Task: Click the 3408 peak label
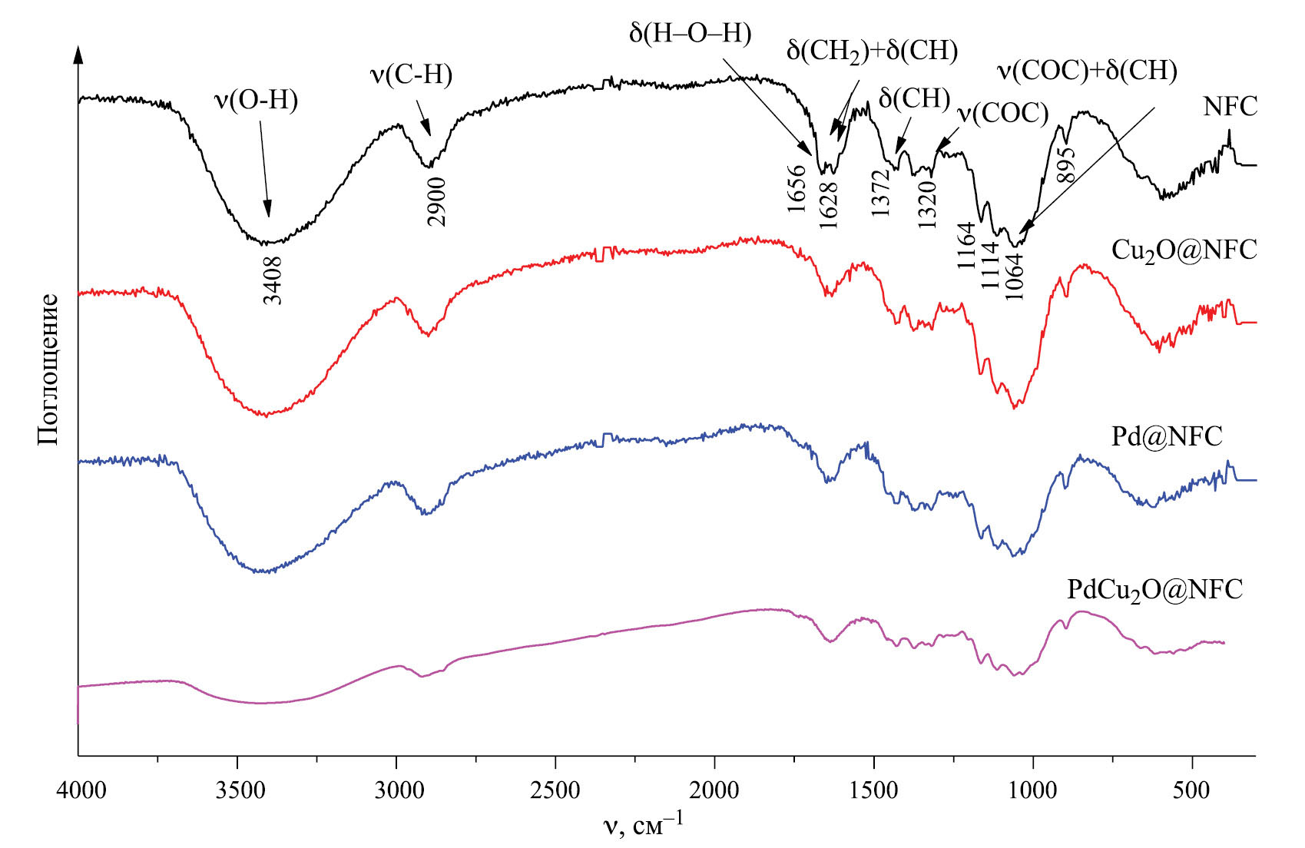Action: pyautogui.click(x=273, y=280)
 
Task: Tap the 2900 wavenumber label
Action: pyautogui.click(x=436, y=202)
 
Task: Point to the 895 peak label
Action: pyautogui.click(x=1065, y=163)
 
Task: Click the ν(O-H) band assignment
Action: pyautogui.click(x=256, y=100)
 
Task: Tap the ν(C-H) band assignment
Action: pyautogui.click(x=411, y=75)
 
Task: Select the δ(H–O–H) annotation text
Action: pyautogui.click(x=689, y=34)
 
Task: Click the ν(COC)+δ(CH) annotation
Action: pyautogui.click(x=1087, y=71)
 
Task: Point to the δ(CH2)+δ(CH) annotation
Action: pyautogui.click(x=872, y=51)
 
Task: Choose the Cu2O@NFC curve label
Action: pyautogui.click(x=1184, y=250)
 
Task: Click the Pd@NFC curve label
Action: pyautogui.click(x=1167, y=436)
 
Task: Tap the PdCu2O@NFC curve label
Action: pyautogui.click(x=1154, y=589)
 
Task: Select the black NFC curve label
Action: pyautogui.click(x=1230, y=107)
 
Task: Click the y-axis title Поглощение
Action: pyautogui.click(x=48, y=369)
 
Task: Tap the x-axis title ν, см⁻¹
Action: pyautogui.click(x=642, y=826)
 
